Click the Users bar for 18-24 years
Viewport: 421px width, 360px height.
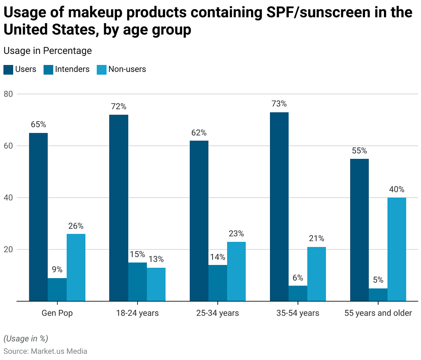pos(119,208)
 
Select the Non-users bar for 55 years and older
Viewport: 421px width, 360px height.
pos(397,249)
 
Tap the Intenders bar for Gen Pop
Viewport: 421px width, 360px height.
pos(57,290)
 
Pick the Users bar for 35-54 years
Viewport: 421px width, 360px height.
pos(279,207)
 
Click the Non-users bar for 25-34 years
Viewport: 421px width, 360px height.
pos(236,272)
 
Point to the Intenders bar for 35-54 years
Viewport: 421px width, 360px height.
pos(298,293)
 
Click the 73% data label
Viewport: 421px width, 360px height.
pos(279,104)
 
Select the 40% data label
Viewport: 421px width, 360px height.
pos(397,189)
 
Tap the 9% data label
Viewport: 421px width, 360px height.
pos(57,270)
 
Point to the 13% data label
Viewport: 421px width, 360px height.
pos(156,259)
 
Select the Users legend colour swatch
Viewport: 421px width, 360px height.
pos(8,70)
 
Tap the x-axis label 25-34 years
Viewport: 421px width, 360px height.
pos(217,313)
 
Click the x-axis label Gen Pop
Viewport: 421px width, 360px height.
pos(57,313)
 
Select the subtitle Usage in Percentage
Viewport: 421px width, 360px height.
pos(47,51)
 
